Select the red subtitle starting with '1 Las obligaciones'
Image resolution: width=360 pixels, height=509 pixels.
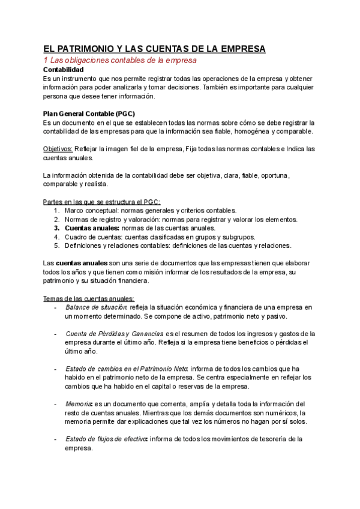120,61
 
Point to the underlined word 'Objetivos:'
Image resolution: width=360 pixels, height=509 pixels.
58,149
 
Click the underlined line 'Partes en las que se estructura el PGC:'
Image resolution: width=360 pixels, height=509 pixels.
102,201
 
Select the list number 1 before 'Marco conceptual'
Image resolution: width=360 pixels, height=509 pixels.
56,210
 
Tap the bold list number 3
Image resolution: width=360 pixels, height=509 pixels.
56,227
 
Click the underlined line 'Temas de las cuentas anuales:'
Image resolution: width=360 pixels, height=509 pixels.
89,298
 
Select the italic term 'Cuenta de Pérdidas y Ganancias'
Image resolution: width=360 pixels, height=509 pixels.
114,333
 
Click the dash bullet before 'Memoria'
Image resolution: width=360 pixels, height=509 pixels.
55,404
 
